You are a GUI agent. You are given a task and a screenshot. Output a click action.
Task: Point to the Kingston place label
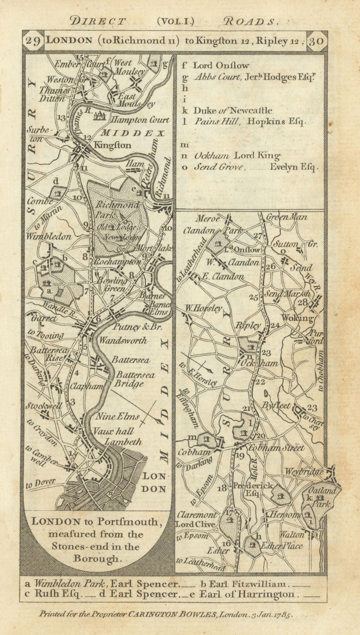pos(112,145)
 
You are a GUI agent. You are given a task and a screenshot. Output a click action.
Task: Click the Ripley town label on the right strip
pos(248,325)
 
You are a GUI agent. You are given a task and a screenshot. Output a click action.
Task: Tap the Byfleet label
pos(276,406)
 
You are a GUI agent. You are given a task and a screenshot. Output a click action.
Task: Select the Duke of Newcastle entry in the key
pos(233,110)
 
